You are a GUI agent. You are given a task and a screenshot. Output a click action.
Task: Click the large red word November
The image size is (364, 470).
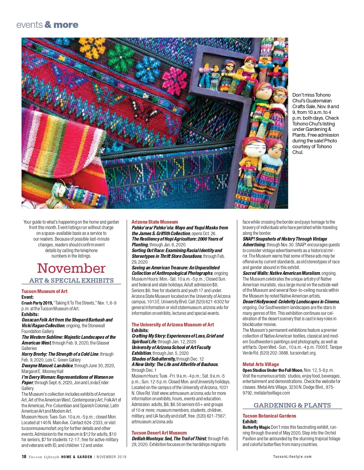[x=71, y=268]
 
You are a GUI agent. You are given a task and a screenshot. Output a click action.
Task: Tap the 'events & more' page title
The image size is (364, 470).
[x=47, y=25]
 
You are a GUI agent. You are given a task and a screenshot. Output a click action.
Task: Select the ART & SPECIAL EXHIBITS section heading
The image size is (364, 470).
[x=71, y=280]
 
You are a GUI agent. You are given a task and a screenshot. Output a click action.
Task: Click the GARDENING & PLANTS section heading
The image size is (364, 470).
[x=292, y=405]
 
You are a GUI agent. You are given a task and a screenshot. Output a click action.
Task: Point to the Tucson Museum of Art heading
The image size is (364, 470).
[x=44, y=291]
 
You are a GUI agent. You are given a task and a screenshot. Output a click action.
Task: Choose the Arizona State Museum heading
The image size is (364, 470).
[x=155, y=222]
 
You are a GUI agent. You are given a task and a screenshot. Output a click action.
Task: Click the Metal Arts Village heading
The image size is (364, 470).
[x=261, y=364]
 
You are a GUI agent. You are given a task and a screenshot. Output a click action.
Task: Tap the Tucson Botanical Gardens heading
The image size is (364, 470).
[x=269, y=416]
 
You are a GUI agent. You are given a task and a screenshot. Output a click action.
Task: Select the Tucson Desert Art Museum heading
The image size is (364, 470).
[x=159, y=433]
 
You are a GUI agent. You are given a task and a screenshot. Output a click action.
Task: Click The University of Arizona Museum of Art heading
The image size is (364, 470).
[x=173, y=325]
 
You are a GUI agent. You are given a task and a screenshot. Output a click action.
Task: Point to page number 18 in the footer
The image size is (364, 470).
[x=24, y=457]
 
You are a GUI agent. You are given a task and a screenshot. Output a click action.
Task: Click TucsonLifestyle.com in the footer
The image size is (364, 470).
[x=292, y=457]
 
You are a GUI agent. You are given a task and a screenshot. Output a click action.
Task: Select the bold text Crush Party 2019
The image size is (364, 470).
[x=37, y=303]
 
